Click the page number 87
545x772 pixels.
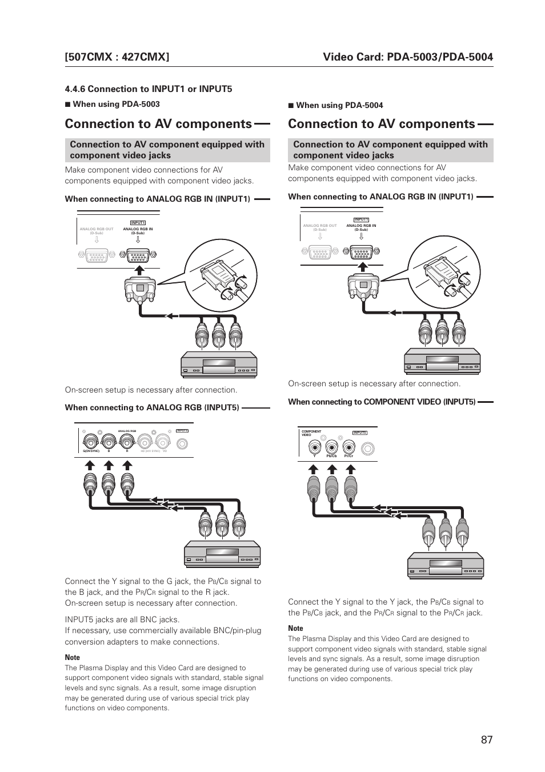pyautogui.click(x=486, y=739)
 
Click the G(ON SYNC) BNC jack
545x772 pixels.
pyautogui.click(x=90, y=441)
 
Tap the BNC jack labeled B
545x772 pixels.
pyautogui.click(x=109, y=441)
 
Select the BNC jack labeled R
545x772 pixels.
pyautogui.click(x=127, y=441)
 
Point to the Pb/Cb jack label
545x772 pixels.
pyautogui.click(x=331, y=455)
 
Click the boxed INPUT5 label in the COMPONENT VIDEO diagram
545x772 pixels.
pyautogui.click(x=359, y=433)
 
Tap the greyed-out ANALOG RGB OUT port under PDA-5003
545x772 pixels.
pyautogui.click(x=97, y=255)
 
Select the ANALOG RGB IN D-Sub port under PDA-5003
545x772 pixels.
pyautogui.click(x=138, y=255)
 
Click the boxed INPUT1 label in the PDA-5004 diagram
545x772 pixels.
pyautogui.click(x=361, y=219)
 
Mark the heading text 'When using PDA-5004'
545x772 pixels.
pyautogui.click(x=339, y=105)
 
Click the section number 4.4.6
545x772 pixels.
pyautogui.click(x=75, y=89)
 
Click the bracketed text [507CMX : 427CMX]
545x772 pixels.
pyautogui.click(x=117, y=57)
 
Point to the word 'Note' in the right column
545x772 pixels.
pyautogui.click(x=295, y=628)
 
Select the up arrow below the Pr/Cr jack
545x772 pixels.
pyautogui.click(x=348, y=468)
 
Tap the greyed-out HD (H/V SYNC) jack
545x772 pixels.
pyautogui.click(x=145, y=441)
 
